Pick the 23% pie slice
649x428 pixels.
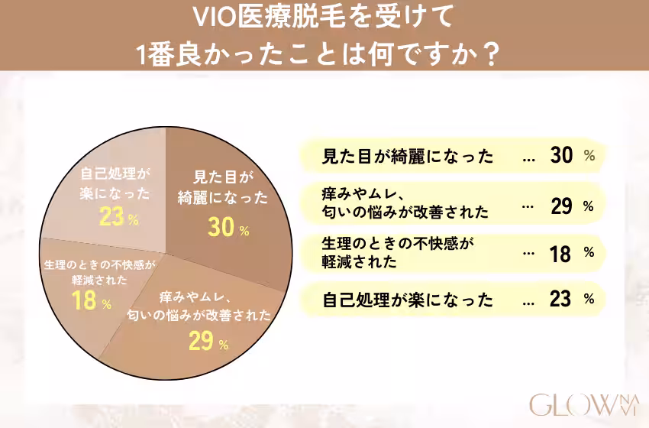[115, 191]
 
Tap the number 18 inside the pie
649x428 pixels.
[84, 301]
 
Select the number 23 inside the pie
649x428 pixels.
[111, 218]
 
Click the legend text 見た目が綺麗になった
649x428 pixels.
[408, 157]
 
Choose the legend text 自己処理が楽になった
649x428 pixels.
[408, 299]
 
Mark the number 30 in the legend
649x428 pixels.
[560, 156]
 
